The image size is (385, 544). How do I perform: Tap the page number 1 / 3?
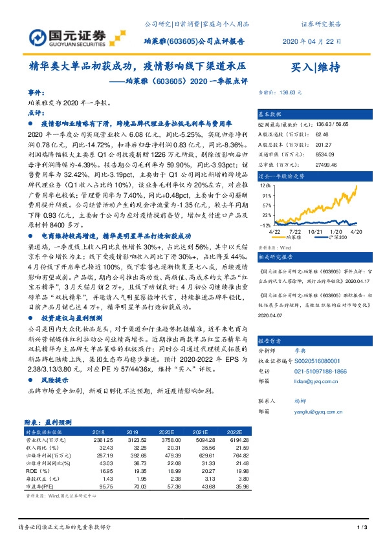pos(362,527)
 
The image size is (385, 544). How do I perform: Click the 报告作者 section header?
pos(272,340)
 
